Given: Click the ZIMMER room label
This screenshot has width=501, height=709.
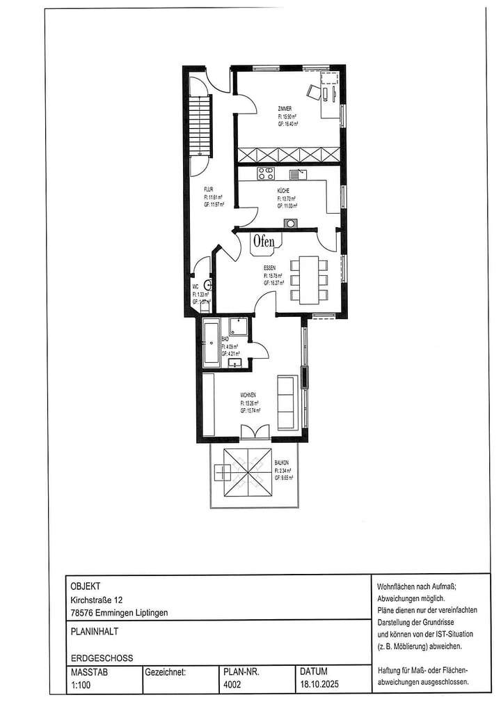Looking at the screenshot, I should pyautogui.click(x=284, y=108).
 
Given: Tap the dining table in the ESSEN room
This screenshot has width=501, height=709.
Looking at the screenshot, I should pyautogui.click(x=308, y=279).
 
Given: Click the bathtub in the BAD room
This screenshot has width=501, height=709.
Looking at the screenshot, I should pyautogui.click(x=212, y=343).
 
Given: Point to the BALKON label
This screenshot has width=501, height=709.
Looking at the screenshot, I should pyautogui.click(x=282, y=463).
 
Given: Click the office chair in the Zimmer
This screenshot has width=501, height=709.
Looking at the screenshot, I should pyautogui.click(x=312, y=91).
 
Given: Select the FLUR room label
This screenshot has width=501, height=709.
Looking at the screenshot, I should pyautogui.click(x=208, y=189).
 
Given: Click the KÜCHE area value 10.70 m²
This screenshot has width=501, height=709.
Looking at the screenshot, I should pyautogui.click(x=286, y=198).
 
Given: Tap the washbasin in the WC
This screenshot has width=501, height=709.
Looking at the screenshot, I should pyautogui.click(x=207, y=284).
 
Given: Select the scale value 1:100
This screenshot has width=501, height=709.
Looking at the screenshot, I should pyautogui.click(x=80, y=685).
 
